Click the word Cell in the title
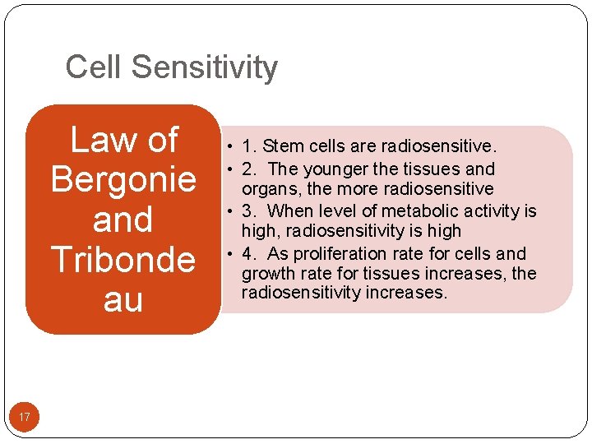[91, 67]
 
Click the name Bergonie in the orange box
[123, 179]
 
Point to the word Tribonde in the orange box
[123, 260]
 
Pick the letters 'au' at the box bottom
[123, 299]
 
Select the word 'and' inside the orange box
[123, 220]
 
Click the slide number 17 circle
[25, 418]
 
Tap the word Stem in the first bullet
[284, 147]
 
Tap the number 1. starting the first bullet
[248, 147]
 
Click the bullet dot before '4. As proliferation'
[233, 254]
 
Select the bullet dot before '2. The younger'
[233, 169]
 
